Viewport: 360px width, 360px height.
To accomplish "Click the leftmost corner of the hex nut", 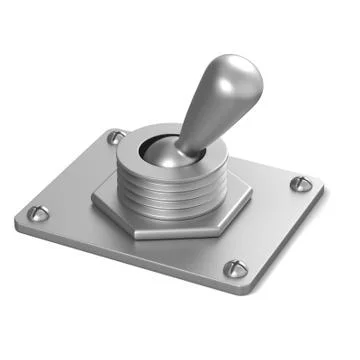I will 92,197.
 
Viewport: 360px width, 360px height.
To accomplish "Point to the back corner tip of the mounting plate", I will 110,128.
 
